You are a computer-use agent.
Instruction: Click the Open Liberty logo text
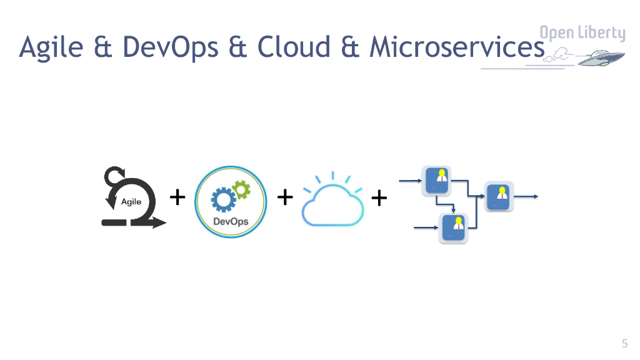tap(582, 33)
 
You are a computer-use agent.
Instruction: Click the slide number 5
tap(624, 342)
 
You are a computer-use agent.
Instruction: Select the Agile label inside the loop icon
tap(131, 202)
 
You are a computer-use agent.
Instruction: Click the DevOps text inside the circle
tap(231, 221)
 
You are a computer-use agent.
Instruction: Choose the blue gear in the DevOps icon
tap(222, 199)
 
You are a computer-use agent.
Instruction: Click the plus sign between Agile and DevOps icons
tap(178, 197)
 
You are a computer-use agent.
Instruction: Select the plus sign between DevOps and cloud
tap(285, 197)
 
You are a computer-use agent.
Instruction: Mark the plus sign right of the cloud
tap(379, 199)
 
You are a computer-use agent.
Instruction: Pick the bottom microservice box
tap(453, 227)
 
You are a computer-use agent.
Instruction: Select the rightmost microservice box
tap(499, 196)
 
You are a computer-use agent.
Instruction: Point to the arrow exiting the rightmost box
tap(527, 197)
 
